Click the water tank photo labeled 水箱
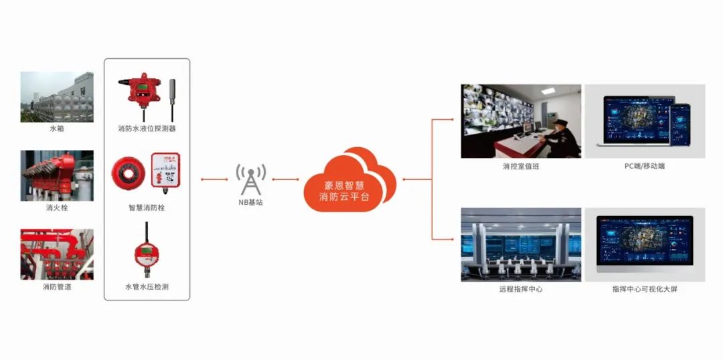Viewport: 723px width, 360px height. (57, 96)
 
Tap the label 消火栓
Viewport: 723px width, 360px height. (57, 208)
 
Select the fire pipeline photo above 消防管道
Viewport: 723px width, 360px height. (57, 254)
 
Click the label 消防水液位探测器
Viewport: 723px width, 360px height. (147, 128)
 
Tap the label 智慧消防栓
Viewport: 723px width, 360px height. (147, 208)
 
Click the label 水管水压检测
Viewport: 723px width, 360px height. (147, 287)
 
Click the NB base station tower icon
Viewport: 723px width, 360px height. (250, 179)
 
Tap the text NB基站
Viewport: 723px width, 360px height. (251, 201)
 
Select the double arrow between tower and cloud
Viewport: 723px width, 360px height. (286, 179)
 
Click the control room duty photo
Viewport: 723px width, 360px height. (521, 121)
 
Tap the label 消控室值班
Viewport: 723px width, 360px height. (521, 167)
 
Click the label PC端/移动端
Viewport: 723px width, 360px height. (645, 167)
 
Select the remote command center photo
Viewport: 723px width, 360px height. (521, 244)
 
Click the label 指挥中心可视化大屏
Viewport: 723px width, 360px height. (645, 289)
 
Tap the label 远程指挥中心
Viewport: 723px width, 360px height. (521, 289)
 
